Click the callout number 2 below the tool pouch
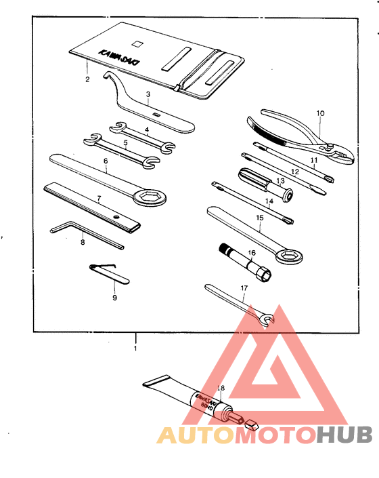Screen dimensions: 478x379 click(x=87, y=80)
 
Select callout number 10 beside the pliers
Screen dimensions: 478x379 click(x=321, y=113)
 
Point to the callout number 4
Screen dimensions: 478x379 click(x=146, y=130)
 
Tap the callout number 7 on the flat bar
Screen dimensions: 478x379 click(x=99, y=199)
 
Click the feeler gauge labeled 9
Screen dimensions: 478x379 click(x=108, y=273)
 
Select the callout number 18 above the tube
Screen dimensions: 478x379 click(x=219, y=389)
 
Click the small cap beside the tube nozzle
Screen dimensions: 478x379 click(x=252, y=426)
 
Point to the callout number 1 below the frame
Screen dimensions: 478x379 click(x=135, y=348)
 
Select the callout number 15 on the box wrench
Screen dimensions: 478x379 click(x=259, y=218)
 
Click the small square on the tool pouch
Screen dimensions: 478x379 click(x=139, y=44)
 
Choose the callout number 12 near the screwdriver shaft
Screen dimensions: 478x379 click(x=294, y=172)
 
